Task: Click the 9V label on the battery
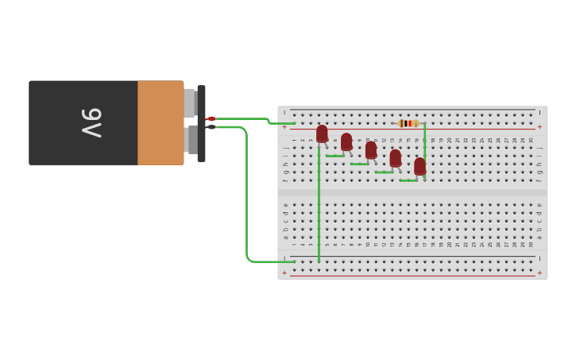pyautogui.click(x=91, y=122)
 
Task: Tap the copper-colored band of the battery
pyautogui.click(x=160, y=122)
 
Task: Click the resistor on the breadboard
pyautogui.click(x=408, y=123)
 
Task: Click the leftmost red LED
pyautogui.click(x=322, y=134)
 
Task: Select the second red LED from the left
pyautogui.click(x=346, y=141)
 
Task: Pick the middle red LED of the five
pyautogui.click(x=371, y=149)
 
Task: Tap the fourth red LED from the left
pyautogui.click(x=396, y=158)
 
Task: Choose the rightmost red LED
pyautogui.click(x=419, y=166)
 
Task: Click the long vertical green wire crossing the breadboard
pyautogui.click(x=319, y=207)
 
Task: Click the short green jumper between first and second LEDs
pyautogui.click(x=334, y=156)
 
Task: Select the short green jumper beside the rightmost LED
pyautogui.click(x=408, y=180)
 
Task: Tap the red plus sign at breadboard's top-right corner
pyautogui.click(x=539, y=126)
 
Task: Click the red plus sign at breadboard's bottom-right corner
pyautogui.click(x=539, y=273)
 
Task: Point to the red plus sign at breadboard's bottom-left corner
pyautogui.click(x=285, y=273)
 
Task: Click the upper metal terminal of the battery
pyautogui.click(x=190, y=103)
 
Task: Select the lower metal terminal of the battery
pyautogui.click(x=191, y=140)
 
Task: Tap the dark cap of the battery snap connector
pyautogui.click(x=202, y=123)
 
